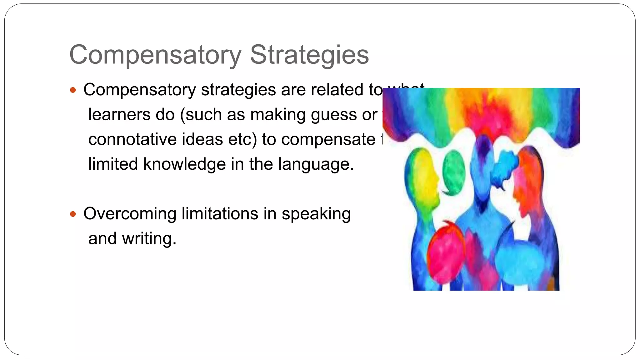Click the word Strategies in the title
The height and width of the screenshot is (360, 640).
click(x=309, y=55)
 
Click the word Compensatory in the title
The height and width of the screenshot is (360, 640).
click(x=155, y=55)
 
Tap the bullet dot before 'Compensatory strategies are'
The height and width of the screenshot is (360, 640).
click(x=73, y=91)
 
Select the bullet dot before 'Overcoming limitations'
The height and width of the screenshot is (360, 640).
click(x=73, y=214)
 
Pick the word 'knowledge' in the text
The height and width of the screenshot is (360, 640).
click(x=184, y=164)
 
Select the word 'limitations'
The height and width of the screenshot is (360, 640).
click(x=220, y=214)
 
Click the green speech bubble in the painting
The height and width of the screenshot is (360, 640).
click(x=454, y=172)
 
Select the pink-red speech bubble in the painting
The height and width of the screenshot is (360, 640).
click(x=445, y=253)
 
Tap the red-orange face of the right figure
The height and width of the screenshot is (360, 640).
click(x=525, y=184)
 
